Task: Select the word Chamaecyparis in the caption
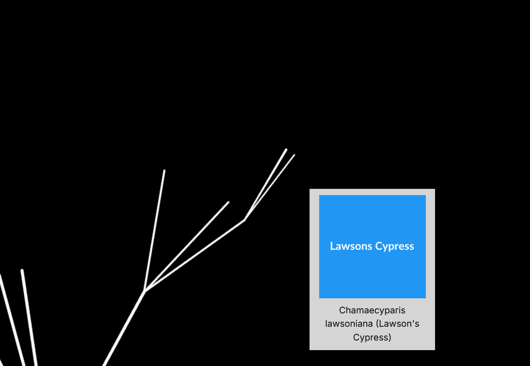[x=372, y=310]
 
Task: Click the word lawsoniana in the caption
[x=349, y=324]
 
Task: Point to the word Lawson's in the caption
[x=399, y=324]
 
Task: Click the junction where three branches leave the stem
[x=145, y=290]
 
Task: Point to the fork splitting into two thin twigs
[x=244, y=219]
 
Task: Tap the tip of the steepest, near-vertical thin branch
[x=164, y=170]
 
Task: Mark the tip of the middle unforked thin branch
[x=228, y=202]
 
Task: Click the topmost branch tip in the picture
[x=286, y=149]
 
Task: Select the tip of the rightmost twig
[x=294, y=155]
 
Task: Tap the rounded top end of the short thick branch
[x=22, y=270]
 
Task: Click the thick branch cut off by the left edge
[x=10, y=318]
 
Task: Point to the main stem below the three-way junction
[x=123, y=328]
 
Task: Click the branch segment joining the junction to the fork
[x=195, y=255]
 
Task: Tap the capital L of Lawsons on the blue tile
[x=333, y=246]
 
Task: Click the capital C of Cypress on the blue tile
[x=378, y=246]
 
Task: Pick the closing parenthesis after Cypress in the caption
[x=390, y=337]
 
